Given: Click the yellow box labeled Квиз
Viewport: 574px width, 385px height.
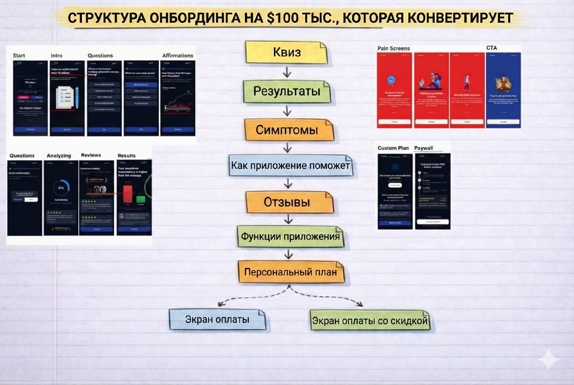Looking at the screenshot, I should (287, 53).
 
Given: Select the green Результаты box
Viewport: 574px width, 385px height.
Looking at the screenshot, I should (287, 91).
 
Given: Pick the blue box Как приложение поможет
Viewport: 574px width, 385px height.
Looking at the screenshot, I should (291, 166).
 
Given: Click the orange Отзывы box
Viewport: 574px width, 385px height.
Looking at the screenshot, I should (287, 202).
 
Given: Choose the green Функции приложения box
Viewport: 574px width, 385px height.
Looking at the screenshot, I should (290, 236).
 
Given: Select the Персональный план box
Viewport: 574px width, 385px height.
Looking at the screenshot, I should (291, 273).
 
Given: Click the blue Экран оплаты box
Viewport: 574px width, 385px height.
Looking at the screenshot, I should (217, 319).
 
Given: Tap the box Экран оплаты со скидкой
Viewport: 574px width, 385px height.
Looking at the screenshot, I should (369, 321).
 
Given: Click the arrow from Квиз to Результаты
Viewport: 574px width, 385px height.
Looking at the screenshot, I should (287, 72).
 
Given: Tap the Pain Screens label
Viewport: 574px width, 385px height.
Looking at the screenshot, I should (394, 49).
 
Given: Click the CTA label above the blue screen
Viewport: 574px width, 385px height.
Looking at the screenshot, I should (492, 48).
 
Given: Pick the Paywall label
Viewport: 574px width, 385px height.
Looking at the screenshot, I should (423, 148).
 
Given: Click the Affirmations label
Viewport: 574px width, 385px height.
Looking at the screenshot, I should (177, 55).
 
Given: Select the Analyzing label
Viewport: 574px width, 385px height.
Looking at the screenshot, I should (59, 155).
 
